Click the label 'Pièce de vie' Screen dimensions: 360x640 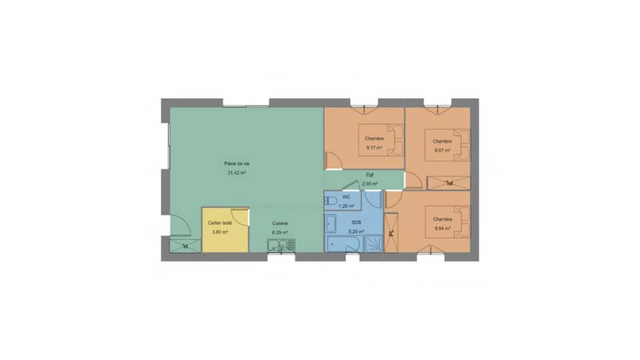(x=236, y=163)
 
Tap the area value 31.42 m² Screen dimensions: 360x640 (x=236, y=173)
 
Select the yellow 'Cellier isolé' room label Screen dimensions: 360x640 (x=219, y=223)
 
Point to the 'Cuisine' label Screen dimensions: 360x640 (x=279, y=223)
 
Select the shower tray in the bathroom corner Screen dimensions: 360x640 (x=374, y=243)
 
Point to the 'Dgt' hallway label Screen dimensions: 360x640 (x=369, y=175)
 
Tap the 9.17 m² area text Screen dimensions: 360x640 (x=373, y=147)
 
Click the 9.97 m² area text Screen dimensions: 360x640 (x=442, y=150)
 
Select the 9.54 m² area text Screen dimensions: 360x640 (x=442, y=228)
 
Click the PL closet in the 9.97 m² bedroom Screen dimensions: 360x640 (x=448, y=182)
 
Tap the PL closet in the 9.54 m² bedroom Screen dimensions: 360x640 (x=391, y=233)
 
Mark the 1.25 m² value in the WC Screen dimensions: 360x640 (x=346, y=206)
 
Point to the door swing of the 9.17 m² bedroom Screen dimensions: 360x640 (x=331, y=160)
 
